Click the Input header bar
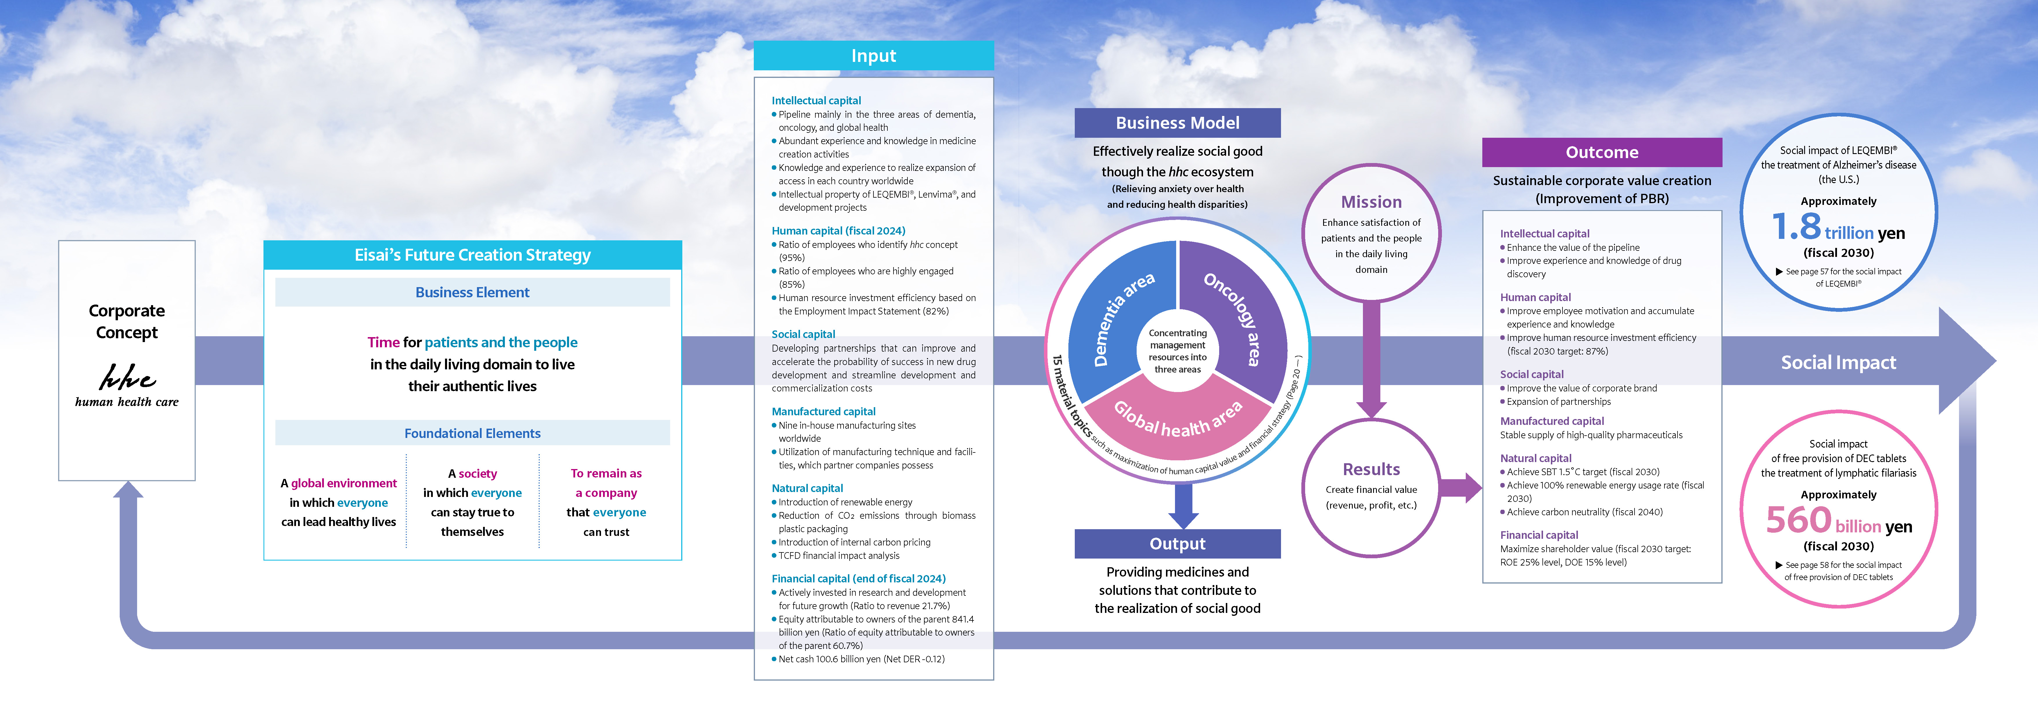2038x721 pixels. coord(873,56)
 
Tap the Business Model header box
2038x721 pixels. coord(1177,123)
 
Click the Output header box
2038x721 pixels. coord(1177,544)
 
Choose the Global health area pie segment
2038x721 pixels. coord(1177,419)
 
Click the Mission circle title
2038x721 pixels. coord(1371,202)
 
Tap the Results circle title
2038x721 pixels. coord(1371,469)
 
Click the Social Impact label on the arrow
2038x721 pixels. coord(1838,362)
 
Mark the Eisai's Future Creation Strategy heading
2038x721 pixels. coord(472,255)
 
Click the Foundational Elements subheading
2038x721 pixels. coord(472,433)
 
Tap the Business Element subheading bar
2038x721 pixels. coord(472,292)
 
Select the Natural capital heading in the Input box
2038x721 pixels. coord(807,488)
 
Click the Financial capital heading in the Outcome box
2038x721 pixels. coord(1539,535)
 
